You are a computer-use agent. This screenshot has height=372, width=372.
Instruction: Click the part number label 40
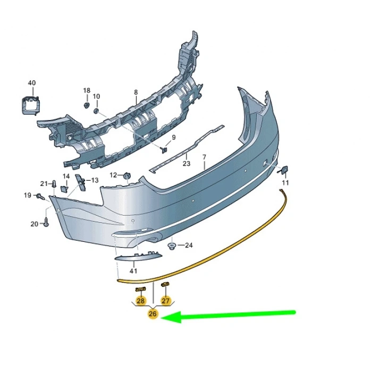32,83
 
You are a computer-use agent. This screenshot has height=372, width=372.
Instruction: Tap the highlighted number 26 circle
153,314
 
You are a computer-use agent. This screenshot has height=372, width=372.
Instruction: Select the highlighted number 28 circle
140,301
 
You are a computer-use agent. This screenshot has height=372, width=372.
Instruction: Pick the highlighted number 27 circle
165,301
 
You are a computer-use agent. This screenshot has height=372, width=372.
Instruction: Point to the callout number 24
189,246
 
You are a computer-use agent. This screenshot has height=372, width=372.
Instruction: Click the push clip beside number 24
172,246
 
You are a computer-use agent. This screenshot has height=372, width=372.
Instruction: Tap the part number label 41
133,270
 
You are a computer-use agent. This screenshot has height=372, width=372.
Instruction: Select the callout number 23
186,164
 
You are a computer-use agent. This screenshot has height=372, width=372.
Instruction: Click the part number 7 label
204,157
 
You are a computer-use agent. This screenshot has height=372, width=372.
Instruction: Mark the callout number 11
285,183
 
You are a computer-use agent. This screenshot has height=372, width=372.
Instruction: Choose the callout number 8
136,92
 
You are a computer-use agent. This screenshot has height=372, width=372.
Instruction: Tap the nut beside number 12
127,175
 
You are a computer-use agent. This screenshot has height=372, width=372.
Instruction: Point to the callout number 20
34,224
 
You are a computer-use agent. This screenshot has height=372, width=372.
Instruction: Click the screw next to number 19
40,197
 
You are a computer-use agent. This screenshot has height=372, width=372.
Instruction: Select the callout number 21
44,184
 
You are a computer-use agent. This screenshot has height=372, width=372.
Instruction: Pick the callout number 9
173,138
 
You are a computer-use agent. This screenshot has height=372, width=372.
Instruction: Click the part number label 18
87,91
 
